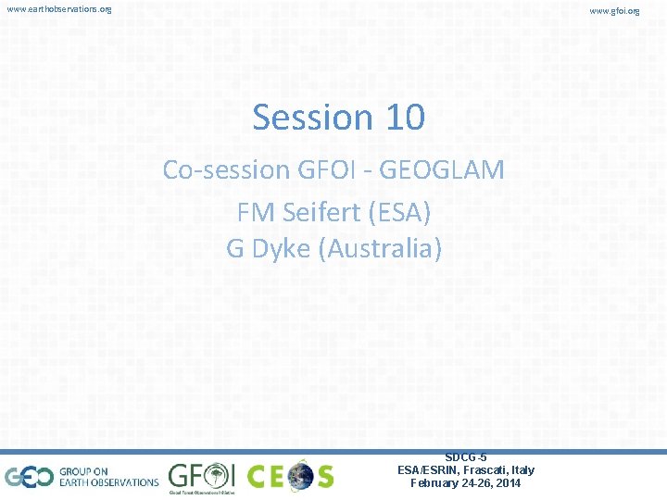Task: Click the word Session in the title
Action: coord(309,119)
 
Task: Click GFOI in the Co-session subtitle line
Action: coord(323,170)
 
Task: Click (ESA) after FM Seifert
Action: coord(399,213)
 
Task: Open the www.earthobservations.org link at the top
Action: coord(58,9)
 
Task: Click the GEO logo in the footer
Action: coord(30,477)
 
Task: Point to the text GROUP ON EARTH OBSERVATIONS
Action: coord(108,477)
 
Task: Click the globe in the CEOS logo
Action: coord(301,477)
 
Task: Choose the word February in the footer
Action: coord(436,483)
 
